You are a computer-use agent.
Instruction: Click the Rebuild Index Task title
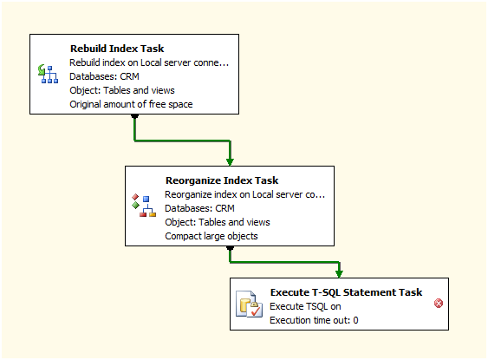[x=117, y=49]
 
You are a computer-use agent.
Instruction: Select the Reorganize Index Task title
[x=222, y=180]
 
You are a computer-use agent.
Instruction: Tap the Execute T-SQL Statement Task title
[x=346, y=292]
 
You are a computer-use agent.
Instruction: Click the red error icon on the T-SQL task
[x=439, y=304]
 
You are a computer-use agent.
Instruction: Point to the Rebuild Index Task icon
[x=48, y=74]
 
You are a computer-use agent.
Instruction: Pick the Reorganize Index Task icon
[x=144, y=206]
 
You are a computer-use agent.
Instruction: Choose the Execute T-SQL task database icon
[x=249, y=304]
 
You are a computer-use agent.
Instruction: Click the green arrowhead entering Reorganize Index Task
[x=230, y=162]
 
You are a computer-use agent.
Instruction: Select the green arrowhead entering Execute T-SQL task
[x=339, y=274]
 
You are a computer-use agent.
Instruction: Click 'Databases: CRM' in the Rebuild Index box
[x=104, y=76]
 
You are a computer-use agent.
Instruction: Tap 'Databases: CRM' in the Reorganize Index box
[x=199, y=208]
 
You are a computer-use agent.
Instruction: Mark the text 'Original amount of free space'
[x=131, y=104]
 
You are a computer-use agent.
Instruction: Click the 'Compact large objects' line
[x=211, y=236]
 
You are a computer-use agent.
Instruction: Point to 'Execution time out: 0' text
[x=314, y=320]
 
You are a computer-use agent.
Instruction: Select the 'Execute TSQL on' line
[x=305, y=307]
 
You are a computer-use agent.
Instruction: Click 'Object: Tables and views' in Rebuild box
[x=122, y=90]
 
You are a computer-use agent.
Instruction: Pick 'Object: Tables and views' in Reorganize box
[x=218, y=222]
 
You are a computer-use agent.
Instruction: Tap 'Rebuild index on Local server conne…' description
[x=149, y=63]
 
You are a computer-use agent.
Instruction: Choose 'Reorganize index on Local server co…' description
[x=245, y=194]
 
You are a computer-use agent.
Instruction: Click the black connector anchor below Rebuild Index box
[x=134, y=116]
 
